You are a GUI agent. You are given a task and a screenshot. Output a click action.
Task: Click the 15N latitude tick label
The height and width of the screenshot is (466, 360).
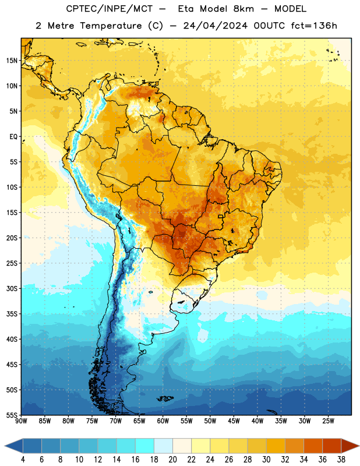(12, 61)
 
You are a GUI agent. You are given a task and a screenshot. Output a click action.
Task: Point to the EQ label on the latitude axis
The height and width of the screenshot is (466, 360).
(13, 137)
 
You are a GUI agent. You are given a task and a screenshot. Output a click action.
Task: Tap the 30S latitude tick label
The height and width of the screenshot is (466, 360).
(12, 289)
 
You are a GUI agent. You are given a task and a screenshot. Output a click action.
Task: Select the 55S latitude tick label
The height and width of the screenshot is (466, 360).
(12, 415)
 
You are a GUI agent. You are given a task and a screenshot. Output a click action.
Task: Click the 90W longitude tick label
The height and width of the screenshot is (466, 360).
(21, 421)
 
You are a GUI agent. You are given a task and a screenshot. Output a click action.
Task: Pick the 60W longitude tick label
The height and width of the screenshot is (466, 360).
(163, 421)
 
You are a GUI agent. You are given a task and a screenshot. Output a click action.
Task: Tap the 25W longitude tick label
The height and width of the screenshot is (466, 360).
(328, 421)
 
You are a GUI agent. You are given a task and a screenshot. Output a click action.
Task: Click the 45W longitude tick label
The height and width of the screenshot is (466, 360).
(234, 421)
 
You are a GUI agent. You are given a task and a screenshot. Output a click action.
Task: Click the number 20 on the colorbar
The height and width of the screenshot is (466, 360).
(172, 460)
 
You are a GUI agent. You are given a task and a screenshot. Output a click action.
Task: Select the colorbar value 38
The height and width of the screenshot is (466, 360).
(341, 460)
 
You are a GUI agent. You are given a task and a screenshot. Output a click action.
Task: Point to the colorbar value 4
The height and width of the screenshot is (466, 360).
(23, 460)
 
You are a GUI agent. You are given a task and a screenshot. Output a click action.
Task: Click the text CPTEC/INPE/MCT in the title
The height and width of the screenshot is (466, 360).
(110, 9)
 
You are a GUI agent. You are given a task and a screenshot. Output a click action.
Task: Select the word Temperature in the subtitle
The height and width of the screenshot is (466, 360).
(111, 26)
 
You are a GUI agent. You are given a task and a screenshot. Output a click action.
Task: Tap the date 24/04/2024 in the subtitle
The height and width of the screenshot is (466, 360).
(215, 26)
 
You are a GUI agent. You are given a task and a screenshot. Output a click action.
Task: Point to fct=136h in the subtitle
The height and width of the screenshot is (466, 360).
(314, 26)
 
